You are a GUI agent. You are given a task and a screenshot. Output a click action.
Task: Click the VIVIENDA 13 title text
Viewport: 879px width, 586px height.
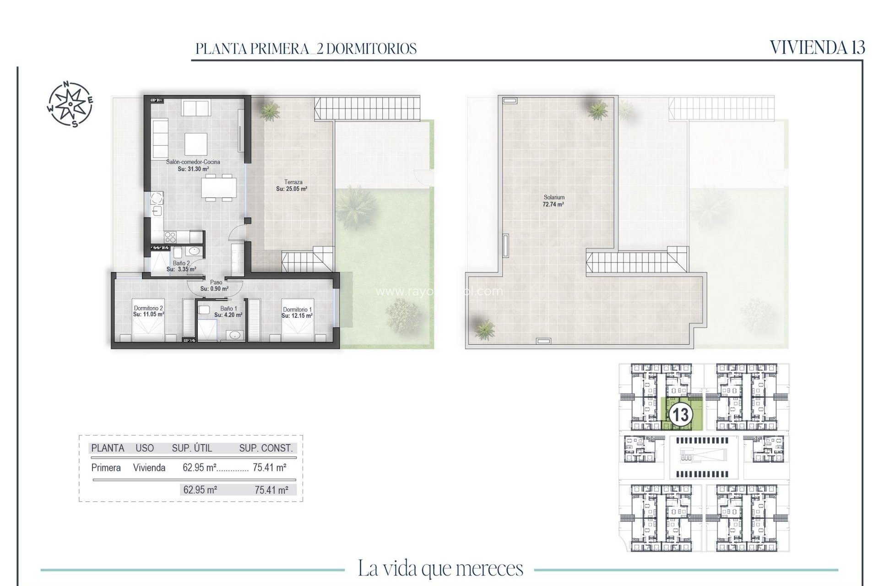817,48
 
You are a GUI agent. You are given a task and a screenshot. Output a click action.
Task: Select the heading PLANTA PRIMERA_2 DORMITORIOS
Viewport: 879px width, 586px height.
306,49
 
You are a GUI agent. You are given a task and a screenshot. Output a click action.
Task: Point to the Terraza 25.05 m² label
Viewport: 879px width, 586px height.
293,185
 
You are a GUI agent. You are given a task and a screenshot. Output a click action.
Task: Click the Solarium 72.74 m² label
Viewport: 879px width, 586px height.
553,201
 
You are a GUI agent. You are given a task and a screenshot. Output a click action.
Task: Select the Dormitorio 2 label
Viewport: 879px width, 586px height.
148,311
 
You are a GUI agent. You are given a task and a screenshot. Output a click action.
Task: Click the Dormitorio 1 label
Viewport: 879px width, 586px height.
297,313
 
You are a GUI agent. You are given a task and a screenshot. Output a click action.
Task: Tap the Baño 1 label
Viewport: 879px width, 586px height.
228,312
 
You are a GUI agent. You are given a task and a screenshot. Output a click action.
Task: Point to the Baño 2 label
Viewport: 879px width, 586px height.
181,266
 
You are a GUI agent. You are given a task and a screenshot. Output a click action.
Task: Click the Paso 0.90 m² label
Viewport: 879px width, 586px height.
215,286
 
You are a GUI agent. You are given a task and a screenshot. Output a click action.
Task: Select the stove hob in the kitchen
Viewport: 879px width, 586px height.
170,237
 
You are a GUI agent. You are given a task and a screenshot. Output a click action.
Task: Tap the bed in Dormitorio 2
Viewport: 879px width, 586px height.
147,330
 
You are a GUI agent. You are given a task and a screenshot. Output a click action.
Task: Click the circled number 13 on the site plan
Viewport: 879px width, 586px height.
680,415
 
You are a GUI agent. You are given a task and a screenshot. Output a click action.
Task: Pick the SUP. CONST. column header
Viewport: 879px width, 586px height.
266,448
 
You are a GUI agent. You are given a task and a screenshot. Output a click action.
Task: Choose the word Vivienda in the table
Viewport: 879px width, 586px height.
149,467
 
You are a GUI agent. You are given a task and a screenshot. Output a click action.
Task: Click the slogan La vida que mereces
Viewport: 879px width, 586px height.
440,569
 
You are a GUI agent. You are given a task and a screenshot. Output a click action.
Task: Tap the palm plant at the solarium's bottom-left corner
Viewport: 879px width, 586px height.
483,328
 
